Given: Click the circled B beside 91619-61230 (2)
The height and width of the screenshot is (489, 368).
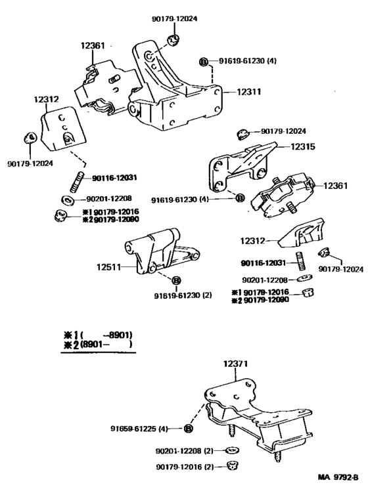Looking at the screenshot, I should [x=176, y=281].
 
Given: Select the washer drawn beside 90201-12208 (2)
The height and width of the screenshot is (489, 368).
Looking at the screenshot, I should [x=231, y=451].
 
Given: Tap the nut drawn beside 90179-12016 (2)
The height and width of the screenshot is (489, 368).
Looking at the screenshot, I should [x=231, y=466].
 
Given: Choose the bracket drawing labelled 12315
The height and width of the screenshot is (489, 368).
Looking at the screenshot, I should [x=240, y=167].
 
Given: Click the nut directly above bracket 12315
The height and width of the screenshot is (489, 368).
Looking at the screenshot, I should [x=241, y=133].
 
